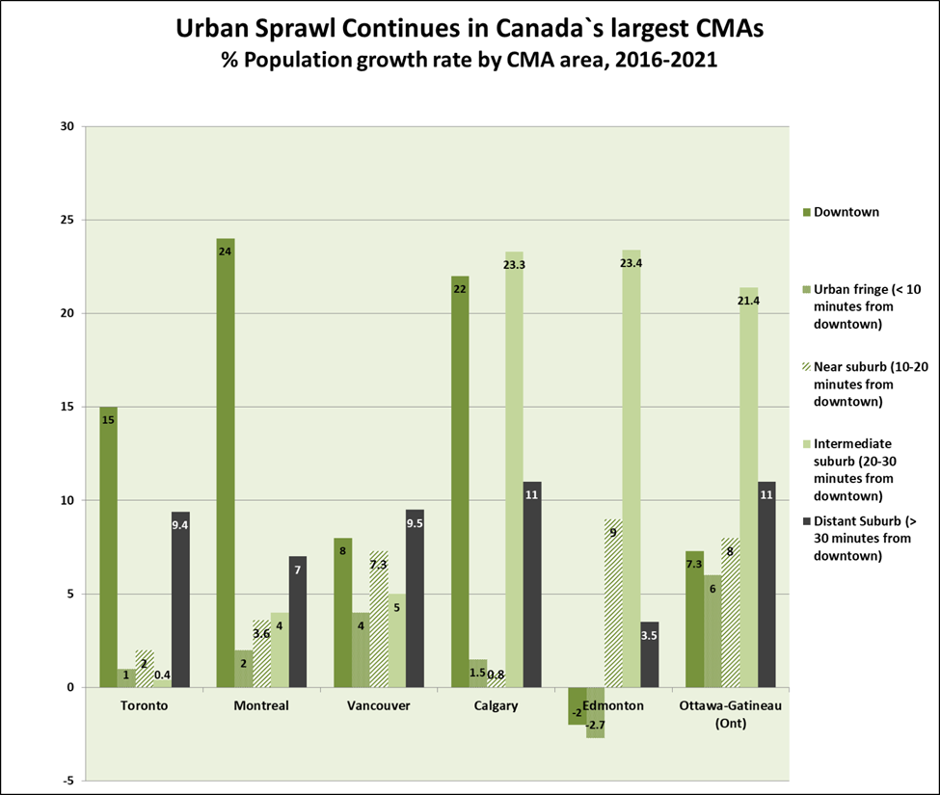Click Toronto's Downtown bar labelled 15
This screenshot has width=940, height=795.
click(x=109, y=547)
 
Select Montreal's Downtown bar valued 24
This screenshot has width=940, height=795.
click(x=226, y=463)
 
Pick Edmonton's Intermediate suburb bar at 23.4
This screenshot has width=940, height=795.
click(x=631, y=468)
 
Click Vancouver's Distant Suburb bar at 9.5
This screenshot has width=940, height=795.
click(x=415, y=598)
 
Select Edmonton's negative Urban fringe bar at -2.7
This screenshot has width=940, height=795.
click(x=595, y=712)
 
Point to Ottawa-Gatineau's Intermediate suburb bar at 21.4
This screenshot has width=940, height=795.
click(x=749, y=487)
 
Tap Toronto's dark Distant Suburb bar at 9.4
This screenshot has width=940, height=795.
click(x=180, y=599)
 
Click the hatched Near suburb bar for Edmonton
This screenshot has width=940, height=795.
click(x=613, y=603)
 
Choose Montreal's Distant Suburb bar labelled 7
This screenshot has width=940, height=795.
click(x=297, y=622)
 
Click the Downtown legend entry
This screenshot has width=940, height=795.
click(x=841, y=212)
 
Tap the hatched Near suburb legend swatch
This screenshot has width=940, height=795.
click(x=807, y=367)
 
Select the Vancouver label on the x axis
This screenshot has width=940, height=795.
click(x=378, y=705)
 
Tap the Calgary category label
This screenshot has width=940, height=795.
click(x=496, y=705)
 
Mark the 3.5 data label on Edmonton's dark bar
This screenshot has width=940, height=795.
click(x=649, y=636)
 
